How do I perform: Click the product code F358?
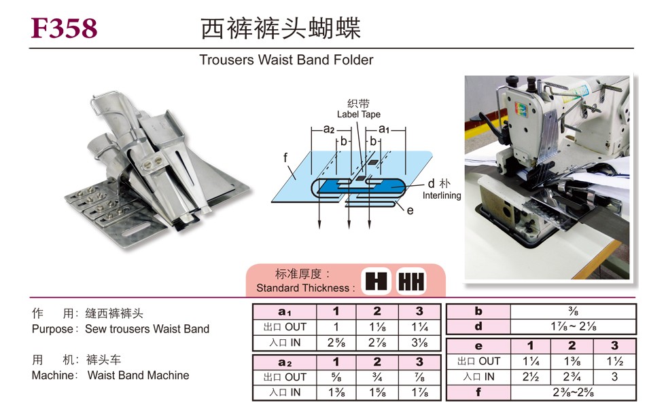pyautogui.click(x=65, y=28)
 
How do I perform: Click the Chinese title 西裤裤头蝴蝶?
pyautogui.click(x=280, y=28)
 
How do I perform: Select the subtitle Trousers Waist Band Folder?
pyautogui.click(x=286, y=60)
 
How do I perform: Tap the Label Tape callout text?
pyautogui.click(x=358, y=115)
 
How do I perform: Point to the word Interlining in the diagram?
pyautogui.click(x=442, y=195)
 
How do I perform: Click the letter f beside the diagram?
pyautogui.click(x=287, y=157)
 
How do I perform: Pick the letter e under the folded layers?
pyautogui.click(x=410, y=210)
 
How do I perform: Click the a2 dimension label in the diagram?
pyautogui.click(x=328, y=129)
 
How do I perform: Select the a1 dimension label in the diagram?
pyautogui.click(x=383, y=129)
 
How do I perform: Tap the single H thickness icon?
pyautogui.click(x=376, y=281)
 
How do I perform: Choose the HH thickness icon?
pyautogui.click(x=410, y=281)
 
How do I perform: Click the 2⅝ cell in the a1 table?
pyautogui.click(x=335, y=343)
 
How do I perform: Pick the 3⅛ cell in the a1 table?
pyautogui.click(x=419, y=343)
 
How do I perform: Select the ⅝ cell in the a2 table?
pyautogui.click(x=335, y=377)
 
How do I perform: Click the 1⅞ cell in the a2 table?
pyautogui.click(x=419, y=392)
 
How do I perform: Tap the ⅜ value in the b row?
pyautogui.click(x=573, y=312)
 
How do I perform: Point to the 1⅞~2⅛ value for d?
pyautogui.click(x=573, y=327)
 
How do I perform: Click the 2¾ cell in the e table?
pyautogui.click(x=573, y=377)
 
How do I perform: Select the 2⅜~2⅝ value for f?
pyautogui.click(x=573, y=392)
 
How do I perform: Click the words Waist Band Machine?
pyautogui.click(x=139, y=375)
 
